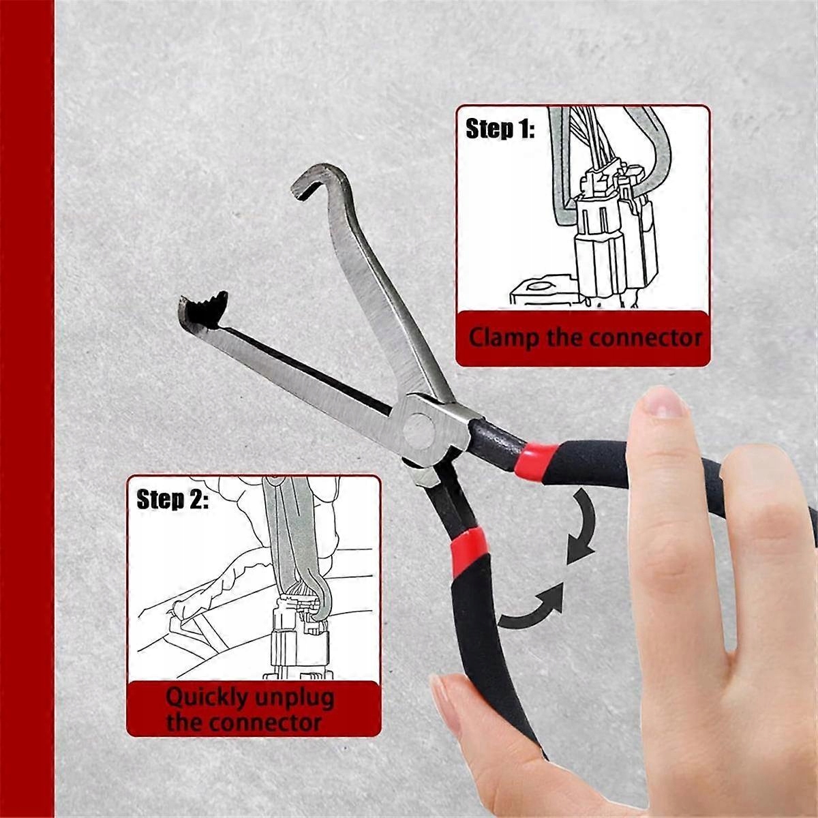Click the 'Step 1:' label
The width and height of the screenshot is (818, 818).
(500, 128)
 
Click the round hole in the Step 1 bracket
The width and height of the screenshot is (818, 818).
(540, 286)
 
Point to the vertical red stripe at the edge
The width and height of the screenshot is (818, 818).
(27, 409)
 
